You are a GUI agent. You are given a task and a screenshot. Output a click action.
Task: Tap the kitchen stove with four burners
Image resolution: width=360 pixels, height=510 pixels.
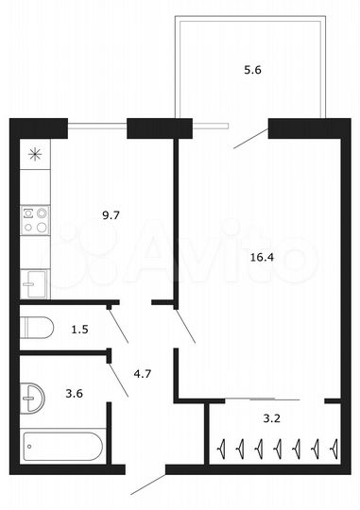pos(35,220)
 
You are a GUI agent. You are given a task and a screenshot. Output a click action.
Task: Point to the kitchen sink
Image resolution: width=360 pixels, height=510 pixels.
pos(34,281)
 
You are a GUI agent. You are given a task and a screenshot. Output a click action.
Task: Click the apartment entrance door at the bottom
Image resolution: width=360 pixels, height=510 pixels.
pos(147,483)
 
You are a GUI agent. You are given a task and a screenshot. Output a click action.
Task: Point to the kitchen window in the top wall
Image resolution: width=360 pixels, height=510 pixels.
pos(96,122)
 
